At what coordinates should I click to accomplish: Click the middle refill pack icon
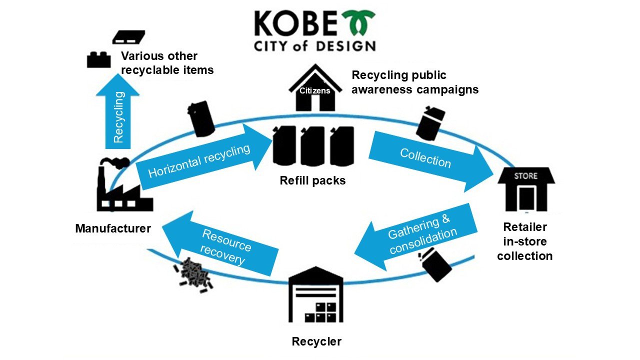312,146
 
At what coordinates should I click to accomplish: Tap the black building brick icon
98,59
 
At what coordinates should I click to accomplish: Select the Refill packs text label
312,180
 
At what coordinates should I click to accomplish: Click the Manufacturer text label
113,228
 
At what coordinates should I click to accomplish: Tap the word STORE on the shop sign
525,175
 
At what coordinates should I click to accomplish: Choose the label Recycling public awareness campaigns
415,82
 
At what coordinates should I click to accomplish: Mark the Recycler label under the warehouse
316,341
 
